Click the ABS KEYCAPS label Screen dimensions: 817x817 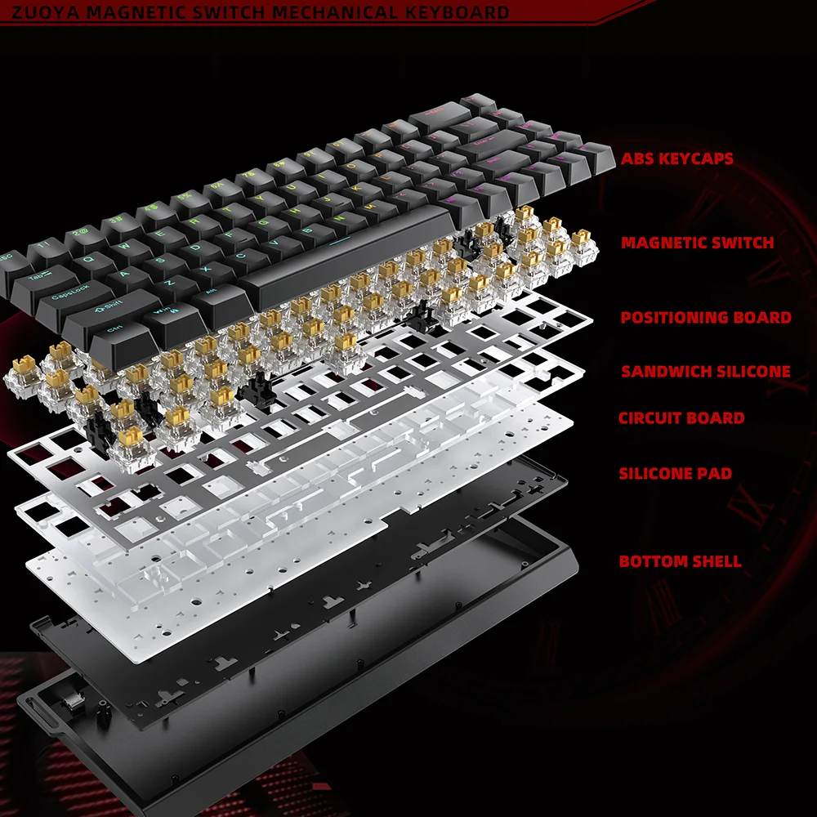pos(677,158)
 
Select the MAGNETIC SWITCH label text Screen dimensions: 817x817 pos(697,243)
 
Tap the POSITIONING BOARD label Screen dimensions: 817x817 pos(706,317)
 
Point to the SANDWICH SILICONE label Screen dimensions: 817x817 pos(706,371)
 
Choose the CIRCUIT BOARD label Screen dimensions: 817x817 pos(681,418)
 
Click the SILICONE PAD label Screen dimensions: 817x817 pos(675,473)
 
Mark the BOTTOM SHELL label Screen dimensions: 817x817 pos(680,561)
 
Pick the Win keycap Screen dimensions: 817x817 pos(162,314)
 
